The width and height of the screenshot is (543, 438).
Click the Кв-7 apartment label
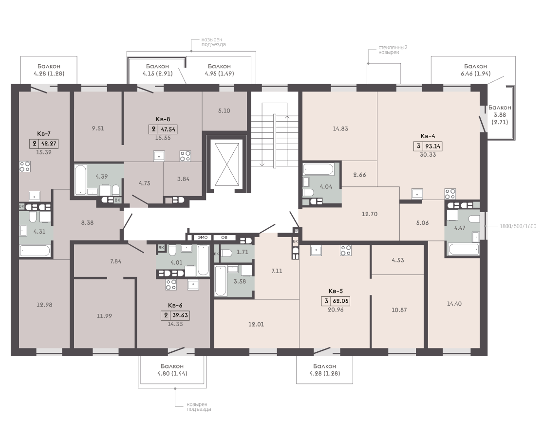click(44, 133)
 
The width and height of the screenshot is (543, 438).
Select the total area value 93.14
click(432, 146)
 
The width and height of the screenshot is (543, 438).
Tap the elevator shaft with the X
click(227, 165)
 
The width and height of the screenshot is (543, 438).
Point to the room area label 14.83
click(340, 128)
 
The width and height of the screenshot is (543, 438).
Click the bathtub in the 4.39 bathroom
click(80, 180)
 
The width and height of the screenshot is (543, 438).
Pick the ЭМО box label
click(203, 237)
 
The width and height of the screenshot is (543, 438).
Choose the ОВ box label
click(224, 237)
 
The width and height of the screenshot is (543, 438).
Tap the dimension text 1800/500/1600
click(518, 226)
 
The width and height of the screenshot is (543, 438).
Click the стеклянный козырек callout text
click(393, 50)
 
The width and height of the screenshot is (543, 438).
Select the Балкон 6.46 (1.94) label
click(475, 70)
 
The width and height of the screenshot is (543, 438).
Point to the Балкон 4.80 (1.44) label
click(172, 369)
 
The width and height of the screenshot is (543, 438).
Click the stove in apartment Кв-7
click(24, 166)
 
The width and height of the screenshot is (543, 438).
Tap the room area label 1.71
click(243, 252)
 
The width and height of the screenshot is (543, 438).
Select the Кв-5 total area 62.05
click(340, 301)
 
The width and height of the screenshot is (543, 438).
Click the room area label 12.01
click(256, 325)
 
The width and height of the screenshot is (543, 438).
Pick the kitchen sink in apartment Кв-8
click(159, 156)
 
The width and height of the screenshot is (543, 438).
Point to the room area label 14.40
click(454, 304)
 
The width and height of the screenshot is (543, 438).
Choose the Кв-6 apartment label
click(175, 306)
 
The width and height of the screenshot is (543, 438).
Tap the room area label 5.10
click(224, 110)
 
